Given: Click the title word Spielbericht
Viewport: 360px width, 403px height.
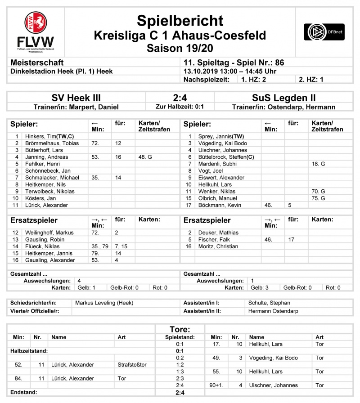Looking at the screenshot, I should [x=180, y=21].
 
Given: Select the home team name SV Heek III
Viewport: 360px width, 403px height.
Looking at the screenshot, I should [x=76, y=98].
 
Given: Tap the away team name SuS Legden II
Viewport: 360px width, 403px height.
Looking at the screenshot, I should [x=284, y=98].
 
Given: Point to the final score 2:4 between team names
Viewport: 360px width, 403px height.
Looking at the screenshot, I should [x=180, y=98].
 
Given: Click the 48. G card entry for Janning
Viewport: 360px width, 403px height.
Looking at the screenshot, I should [x=146, y=157].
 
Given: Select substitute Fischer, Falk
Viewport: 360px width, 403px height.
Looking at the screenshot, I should [x=212, y=240].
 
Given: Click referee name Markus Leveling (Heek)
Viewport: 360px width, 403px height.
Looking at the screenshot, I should [x=104, y=303].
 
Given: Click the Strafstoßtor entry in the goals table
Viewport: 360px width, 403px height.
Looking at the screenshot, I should [x=132, y=365].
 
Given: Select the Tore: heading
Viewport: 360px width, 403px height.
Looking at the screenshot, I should [x=180, y=330].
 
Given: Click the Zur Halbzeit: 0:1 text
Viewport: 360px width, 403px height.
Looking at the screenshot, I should [x=180, y=107].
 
